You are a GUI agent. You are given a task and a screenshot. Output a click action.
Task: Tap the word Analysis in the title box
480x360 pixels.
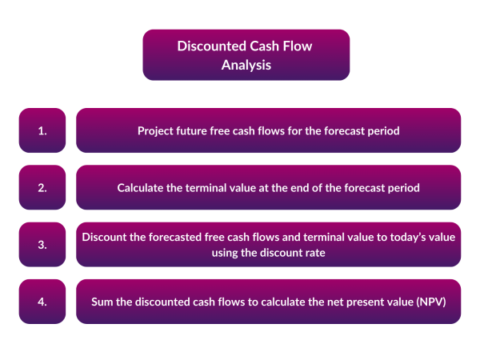click(x=246, y=65)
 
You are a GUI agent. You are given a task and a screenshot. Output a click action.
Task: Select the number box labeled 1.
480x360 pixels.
click(x=42, y=130)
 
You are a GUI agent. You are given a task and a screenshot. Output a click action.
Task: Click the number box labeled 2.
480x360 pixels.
click(x=42, y=188)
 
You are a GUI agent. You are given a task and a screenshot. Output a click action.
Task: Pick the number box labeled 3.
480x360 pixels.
click(x=42, y=245)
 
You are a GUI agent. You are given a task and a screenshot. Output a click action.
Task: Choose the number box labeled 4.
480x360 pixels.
click(x=42, y=302)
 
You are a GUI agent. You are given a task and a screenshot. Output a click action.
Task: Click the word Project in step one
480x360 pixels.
click(x=158, y=130)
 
